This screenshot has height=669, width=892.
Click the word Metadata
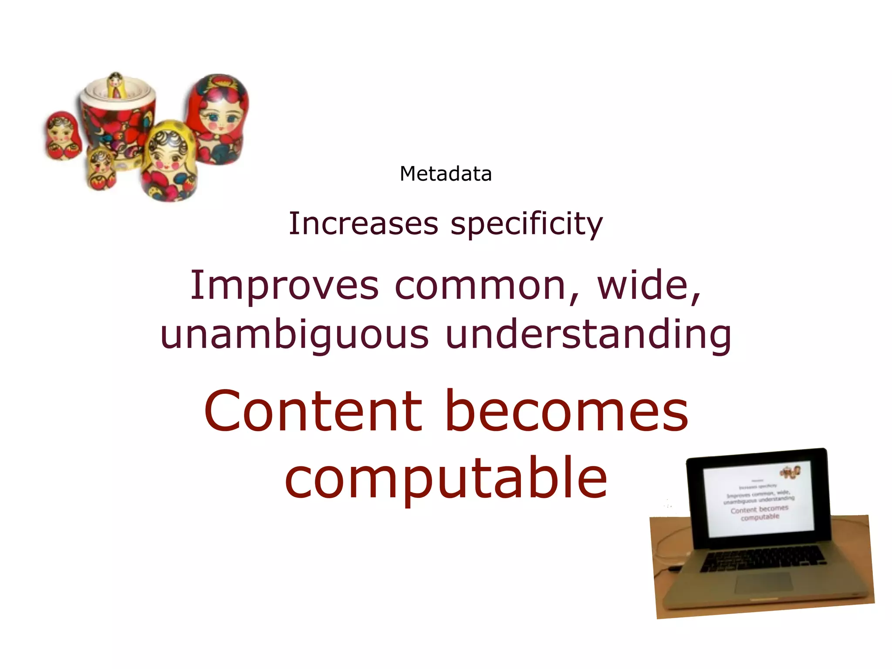pyautogui.click(x=446, y=174)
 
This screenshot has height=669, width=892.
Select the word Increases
pyautogui.click(x=363, y=224)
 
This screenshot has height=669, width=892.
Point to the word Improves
pyautogui.click(x=284, y=286)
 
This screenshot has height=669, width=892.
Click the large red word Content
pyautogui.click(x=313, y=411)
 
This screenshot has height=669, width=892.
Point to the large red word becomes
pyautogui.click(x=567, y=411)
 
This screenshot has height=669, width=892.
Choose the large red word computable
pyautogui.click(x=446, y=478)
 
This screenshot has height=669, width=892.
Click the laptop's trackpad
pyautogui.click(x=764, y=582)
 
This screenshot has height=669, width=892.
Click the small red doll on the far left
pyautogui.click(x=63, y=136)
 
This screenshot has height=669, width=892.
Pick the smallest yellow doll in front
pyautogui.click(x=101, y=169)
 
